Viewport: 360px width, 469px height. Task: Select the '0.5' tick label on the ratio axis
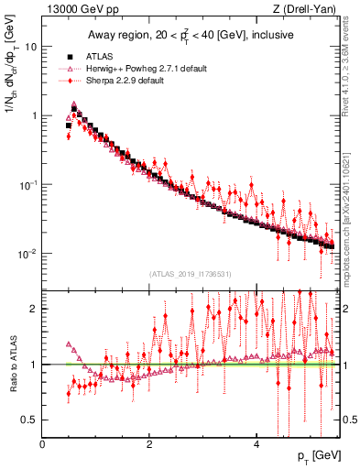(x=30, y=420)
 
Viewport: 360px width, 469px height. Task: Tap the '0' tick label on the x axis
(x=43, y=443)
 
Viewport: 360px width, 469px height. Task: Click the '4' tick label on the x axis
(x=256, y=443)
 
